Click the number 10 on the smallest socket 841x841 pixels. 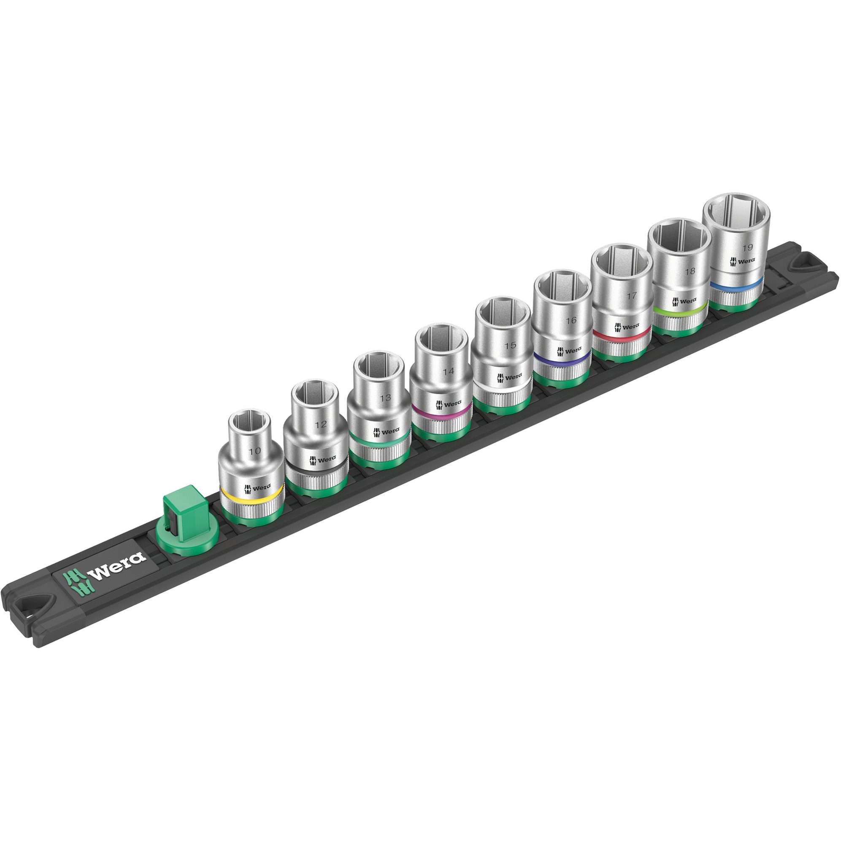tap(255, 451)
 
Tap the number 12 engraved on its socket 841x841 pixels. tap(320, 424)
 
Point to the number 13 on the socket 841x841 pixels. tap(385, 398)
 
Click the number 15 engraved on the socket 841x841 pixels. tap(510, 345)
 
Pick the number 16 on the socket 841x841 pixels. tap(570, 320)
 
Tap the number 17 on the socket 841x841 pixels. tap(632, 295)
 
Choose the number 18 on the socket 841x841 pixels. tap(690, 271)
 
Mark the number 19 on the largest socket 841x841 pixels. tap(747, 248)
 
